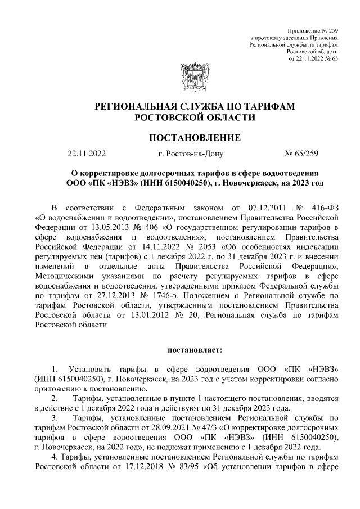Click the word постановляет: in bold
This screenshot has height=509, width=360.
click(x=195, y=350)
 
